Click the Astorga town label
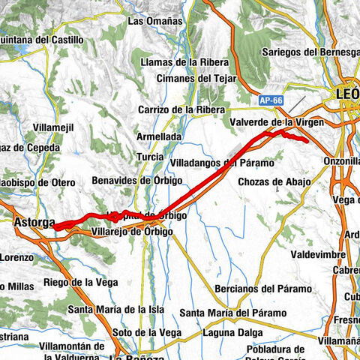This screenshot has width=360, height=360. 34,222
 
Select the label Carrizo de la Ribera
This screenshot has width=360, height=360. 181,109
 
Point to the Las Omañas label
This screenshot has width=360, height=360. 155,22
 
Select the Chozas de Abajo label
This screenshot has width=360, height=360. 274,181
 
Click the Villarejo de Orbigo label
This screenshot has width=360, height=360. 132,232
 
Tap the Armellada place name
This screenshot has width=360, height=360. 157,137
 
